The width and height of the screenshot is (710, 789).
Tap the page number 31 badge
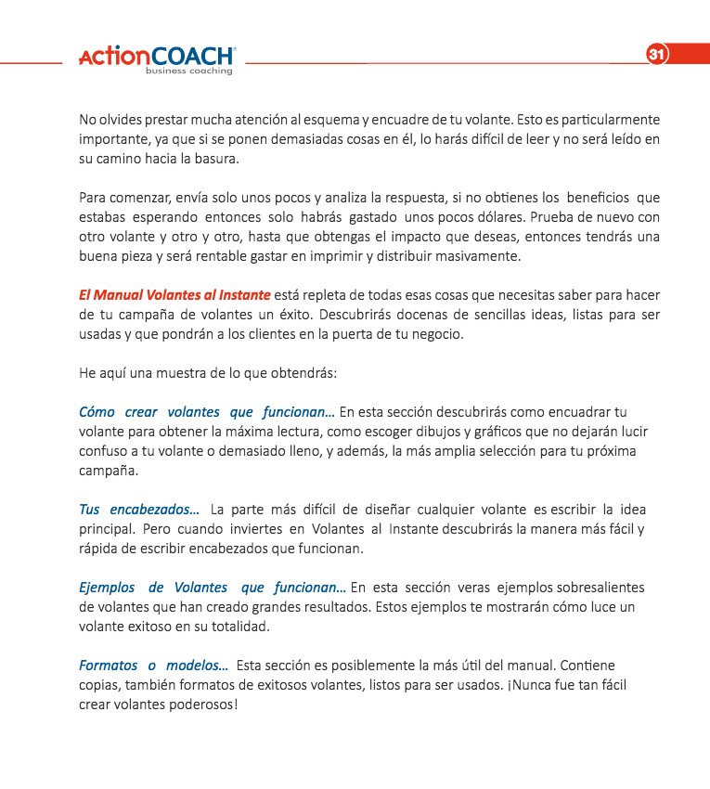(656, 55)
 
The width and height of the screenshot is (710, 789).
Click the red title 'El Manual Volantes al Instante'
(174, 295)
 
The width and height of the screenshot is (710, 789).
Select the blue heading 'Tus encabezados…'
(138, 510)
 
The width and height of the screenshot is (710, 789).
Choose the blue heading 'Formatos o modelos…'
(153, 666)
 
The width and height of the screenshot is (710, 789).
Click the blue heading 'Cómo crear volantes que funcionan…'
(207, 412)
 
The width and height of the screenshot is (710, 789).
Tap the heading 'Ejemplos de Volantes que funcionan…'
(213, 588)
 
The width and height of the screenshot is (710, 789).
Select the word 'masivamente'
(481, 256)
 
